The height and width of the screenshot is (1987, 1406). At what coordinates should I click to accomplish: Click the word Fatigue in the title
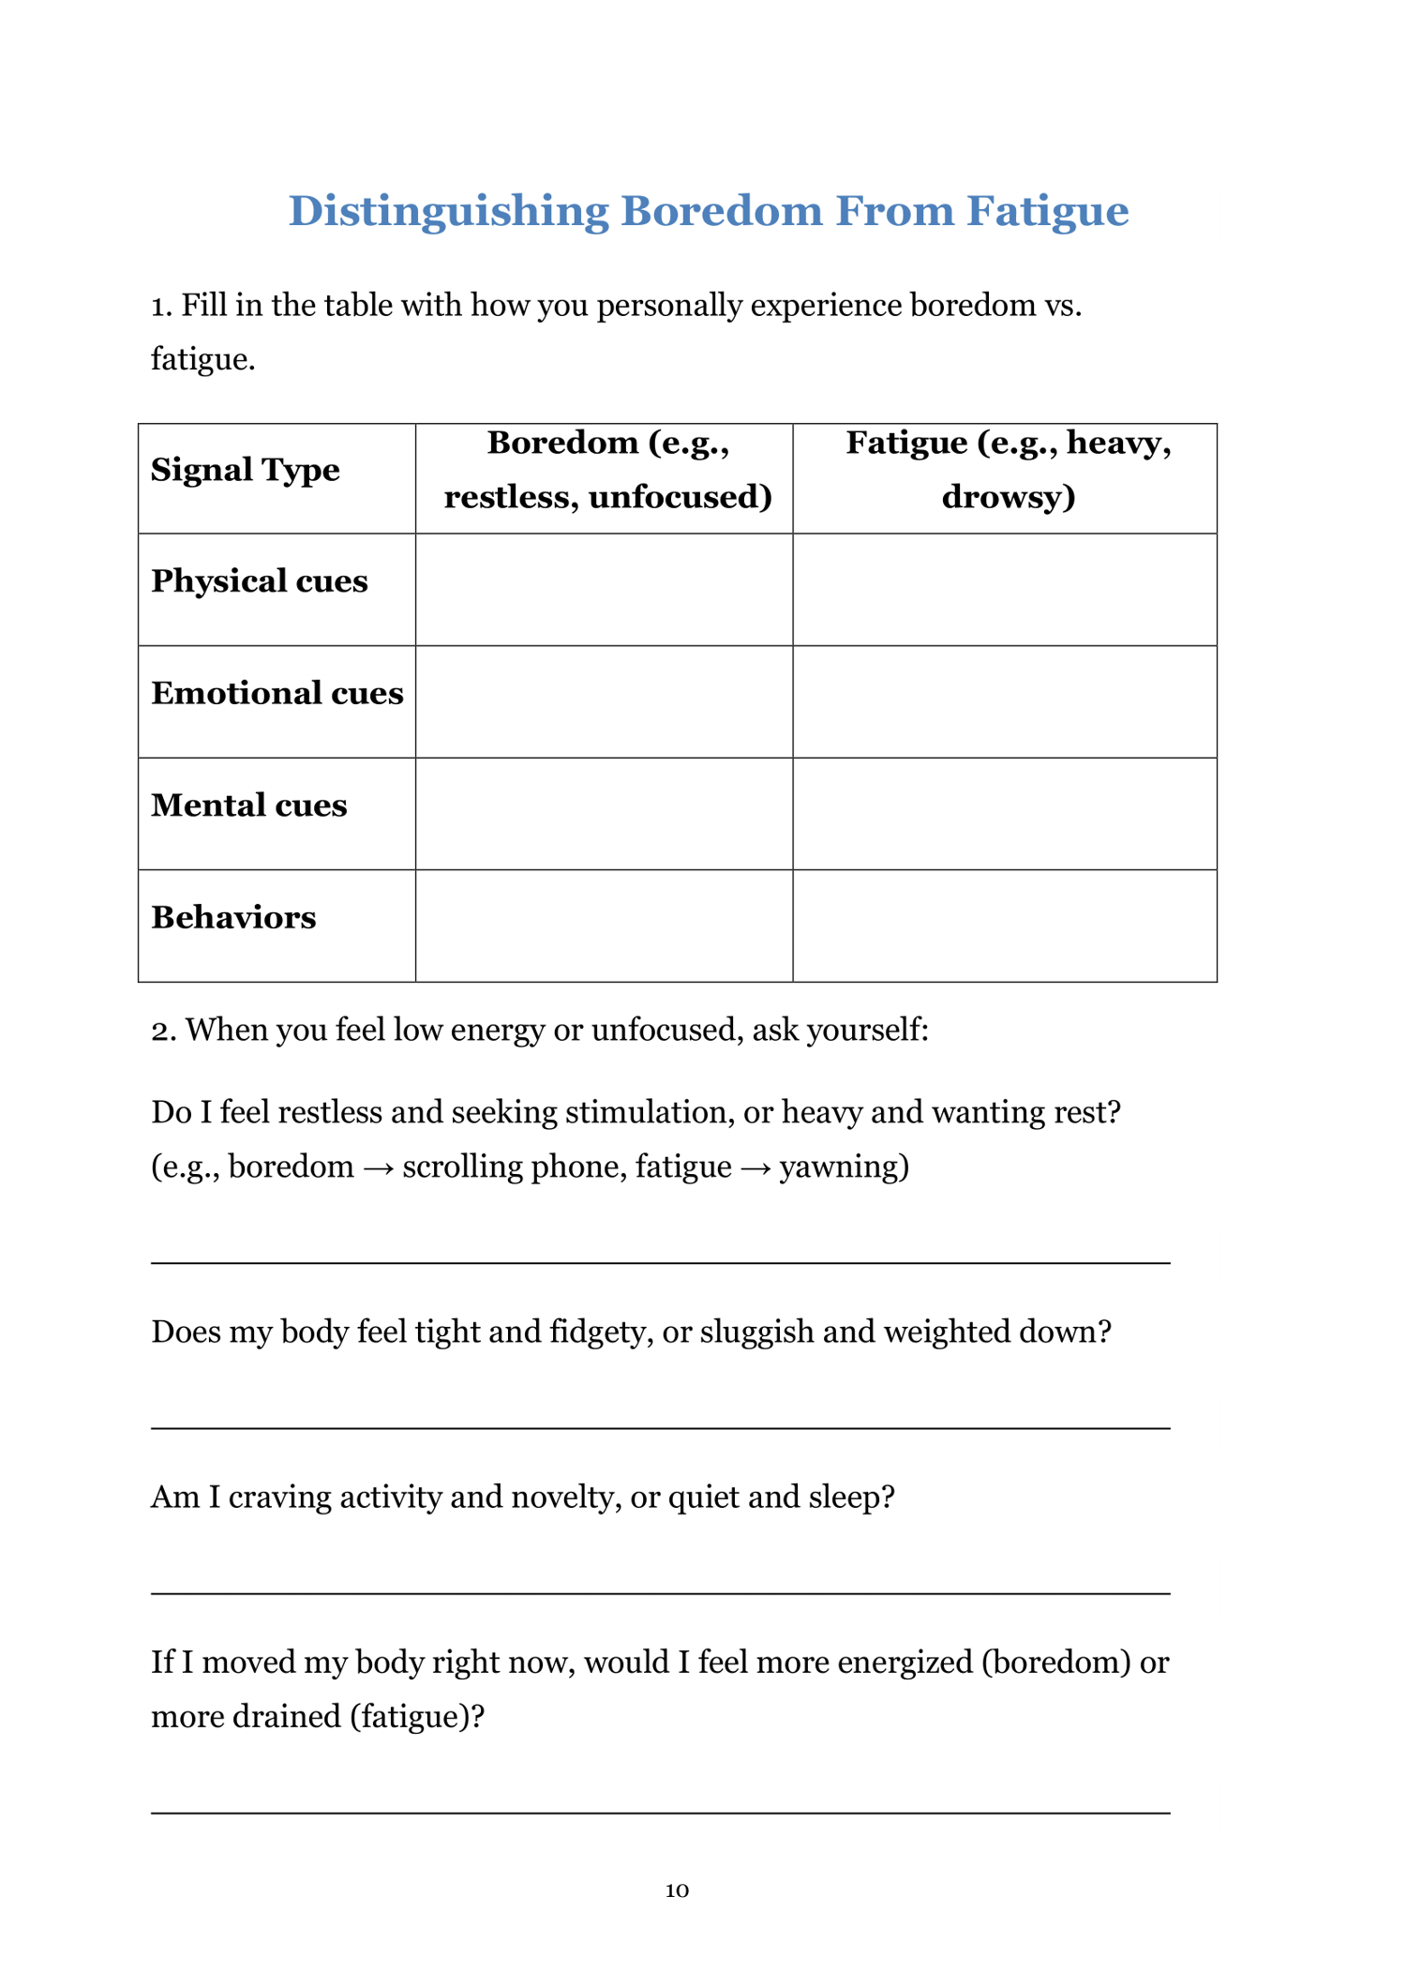click(1047, 211)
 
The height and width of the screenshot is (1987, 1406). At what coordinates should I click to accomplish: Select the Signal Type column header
click(245, 470)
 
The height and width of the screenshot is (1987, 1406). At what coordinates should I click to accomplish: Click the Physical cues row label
click(259, 581)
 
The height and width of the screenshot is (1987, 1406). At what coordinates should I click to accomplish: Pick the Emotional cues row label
click(277, 694)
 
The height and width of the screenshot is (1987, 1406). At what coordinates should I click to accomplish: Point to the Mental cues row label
click(248, 805)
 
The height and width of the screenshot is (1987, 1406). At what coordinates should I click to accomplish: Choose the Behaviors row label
click(233, 918)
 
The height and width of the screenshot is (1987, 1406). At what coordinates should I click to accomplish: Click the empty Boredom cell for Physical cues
click(604, 590)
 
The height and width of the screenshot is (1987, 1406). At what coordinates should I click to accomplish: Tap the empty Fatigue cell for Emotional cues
click(1004, 701)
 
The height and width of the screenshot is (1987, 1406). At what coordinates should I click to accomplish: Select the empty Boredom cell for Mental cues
click(604, 814)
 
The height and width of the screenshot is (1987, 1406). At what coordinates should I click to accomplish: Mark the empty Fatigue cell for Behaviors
click(1004, 926)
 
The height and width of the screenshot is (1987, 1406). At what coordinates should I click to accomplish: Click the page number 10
click(677, 1890)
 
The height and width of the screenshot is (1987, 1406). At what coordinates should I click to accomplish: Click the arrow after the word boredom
click(378, 1168)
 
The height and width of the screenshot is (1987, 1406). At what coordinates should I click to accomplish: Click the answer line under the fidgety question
click(660, 1428)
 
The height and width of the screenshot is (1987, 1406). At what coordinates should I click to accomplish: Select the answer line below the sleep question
click(660, 1593)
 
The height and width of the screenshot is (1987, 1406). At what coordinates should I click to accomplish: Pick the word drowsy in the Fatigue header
click(1008, 497)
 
